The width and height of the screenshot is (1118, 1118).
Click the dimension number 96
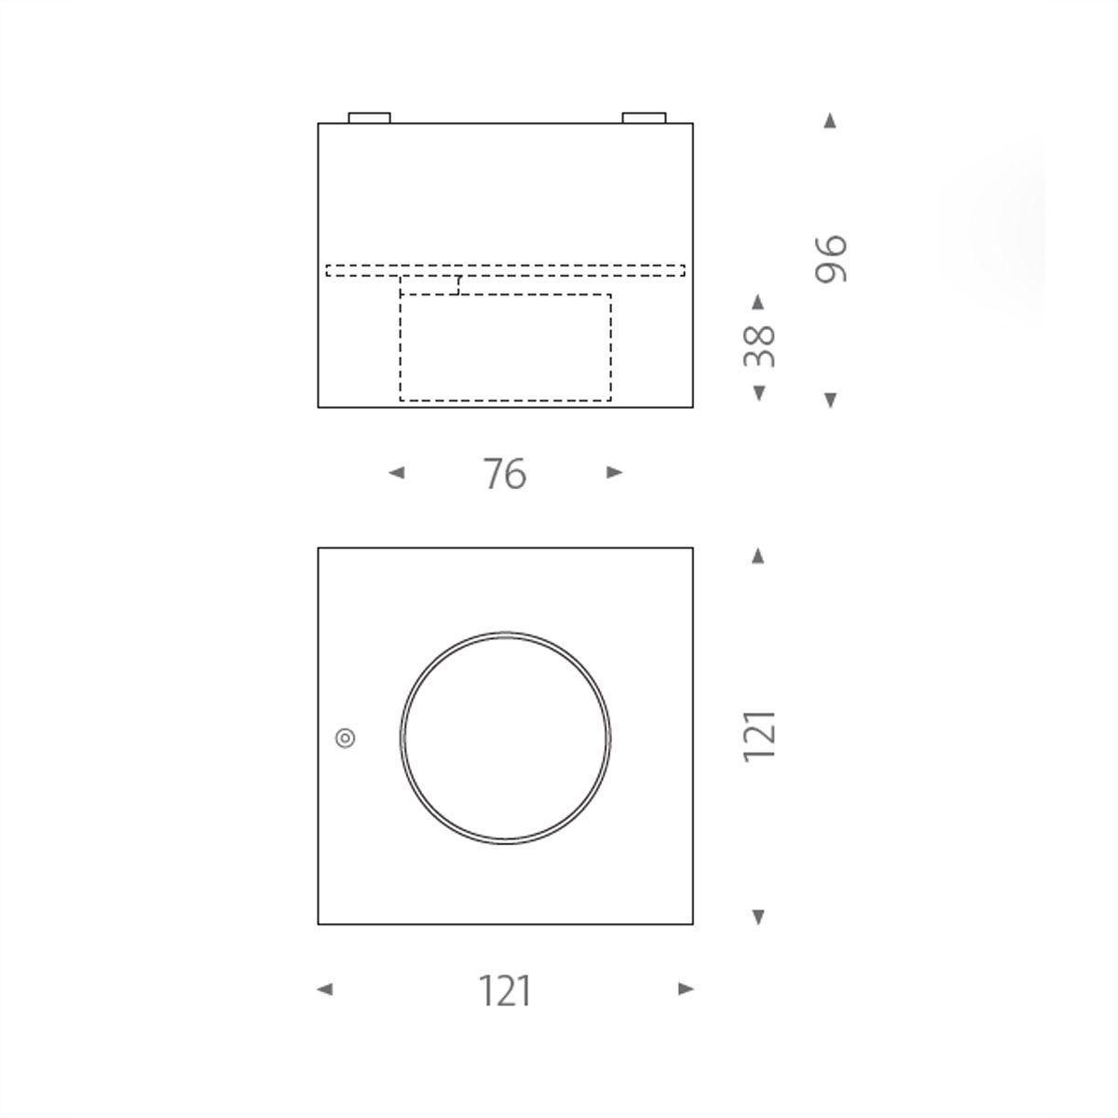830,259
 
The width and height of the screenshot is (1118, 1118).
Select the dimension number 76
505,474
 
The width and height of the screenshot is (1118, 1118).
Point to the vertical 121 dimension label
759,736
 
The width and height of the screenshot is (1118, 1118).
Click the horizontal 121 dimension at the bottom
505,991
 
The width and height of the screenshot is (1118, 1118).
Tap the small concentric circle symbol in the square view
345,738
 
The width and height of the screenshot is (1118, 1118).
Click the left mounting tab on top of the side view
369,118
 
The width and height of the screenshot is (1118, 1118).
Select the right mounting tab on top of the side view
644,118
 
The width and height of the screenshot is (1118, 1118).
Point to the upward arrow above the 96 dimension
830,121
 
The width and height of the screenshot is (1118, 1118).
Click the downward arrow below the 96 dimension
830,400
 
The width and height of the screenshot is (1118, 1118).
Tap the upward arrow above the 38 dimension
758,302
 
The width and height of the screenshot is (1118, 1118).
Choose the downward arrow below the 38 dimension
758,392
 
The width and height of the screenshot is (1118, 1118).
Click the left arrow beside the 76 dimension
397,473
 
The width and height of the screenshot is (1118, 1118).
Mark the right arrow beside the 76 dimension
614,473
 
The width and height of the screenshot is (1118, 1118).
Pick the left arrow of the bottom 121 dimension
324,989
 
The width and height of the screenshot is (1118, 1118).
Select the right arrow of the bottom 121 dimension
687,989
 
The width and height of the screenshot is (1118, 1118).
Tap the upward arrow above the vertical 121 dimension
758,556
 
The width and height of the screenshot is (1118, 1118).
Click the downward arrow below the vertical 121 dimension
758,917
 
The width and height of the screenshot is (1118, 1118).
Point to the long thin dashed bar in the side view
505,271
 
